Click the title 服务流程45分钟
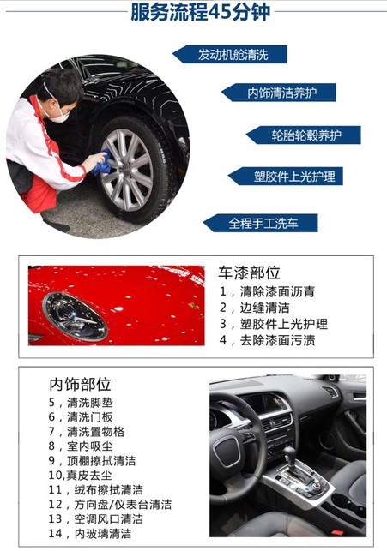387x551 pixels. coord(200,12)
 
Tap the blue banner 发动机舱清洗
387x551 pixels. coord(230,55)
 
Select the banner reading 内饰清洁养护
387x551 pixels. coord(279,93)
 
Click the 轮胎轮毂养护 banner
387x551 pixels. coord(304,135)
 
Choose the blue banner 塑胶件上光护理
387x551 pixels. coord(286,176)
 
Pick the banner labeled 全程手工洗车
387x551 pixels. coord(261,223)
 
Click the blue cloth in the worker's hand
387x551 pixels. coord(102,161)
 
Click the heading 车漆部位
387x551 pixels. coord(249,273)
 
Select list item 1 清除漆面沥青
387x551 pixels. coord(268,291)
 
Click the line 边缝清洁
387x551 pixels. coord(255,308)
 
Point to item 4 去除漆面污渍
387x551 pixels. coord(268,340)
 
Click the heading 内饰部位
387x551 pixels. coord(80,385)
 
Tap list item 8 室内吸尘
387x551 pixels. coord(81,446)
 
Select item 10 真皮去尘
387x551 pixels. coord(80,476)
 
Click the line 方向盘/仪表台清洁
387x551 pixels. coord(110,505)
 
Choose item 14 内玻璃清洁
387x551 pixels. coord(90,533)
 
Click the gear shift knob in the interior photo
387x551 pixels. coord(289,453)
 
